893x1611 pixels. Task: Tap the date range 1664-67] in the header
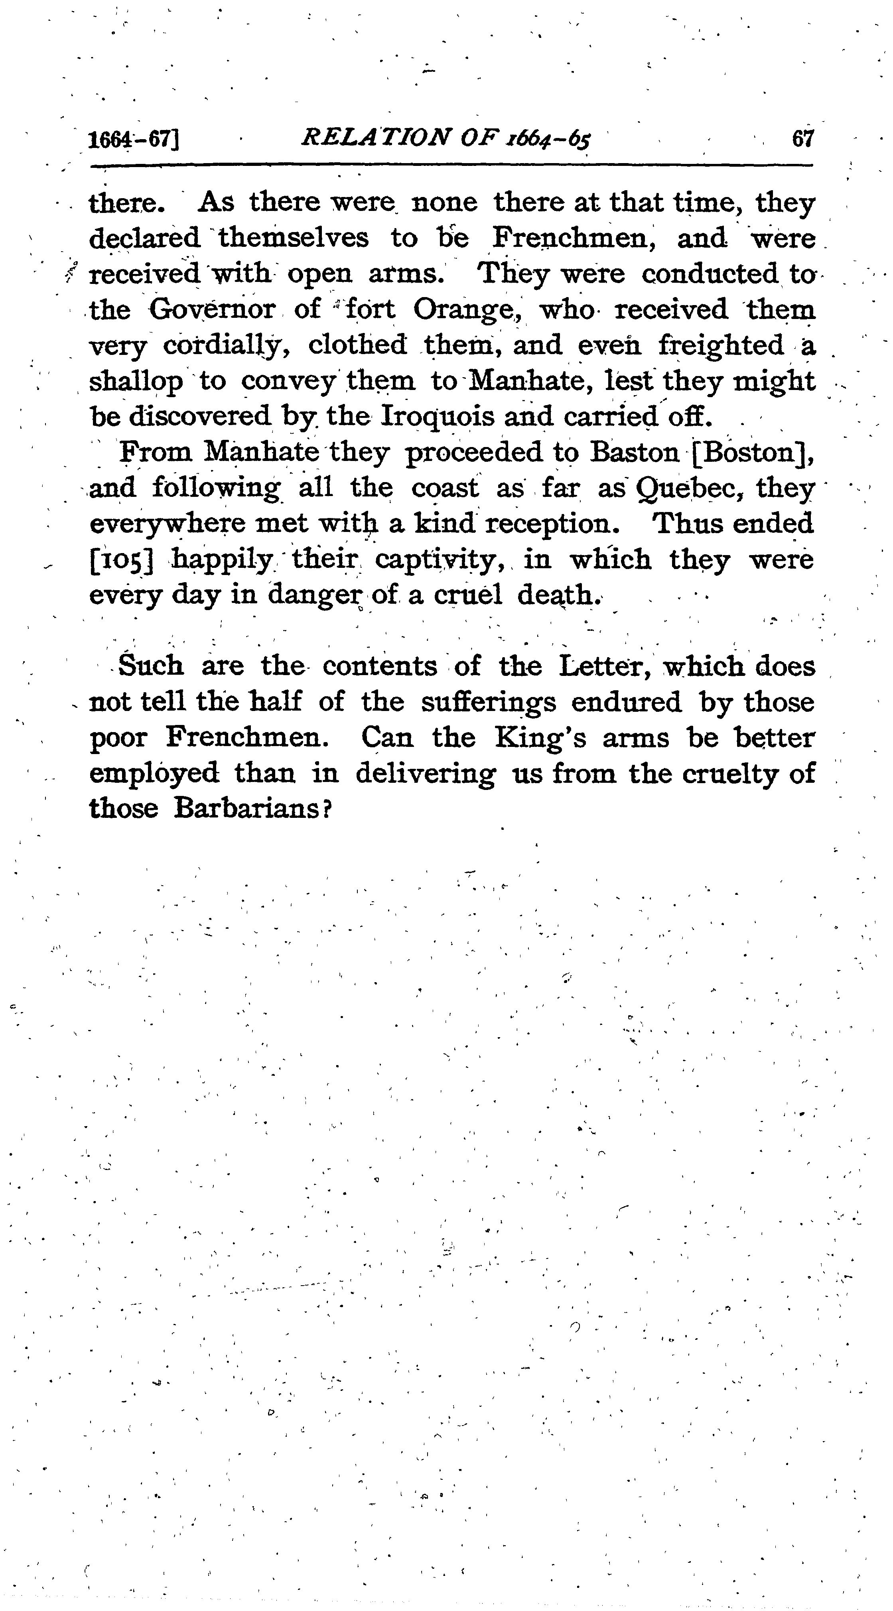(134, 139)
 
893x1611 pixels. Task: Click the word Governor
(212, 309)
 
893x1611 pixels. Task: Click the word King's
(541, 739)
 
